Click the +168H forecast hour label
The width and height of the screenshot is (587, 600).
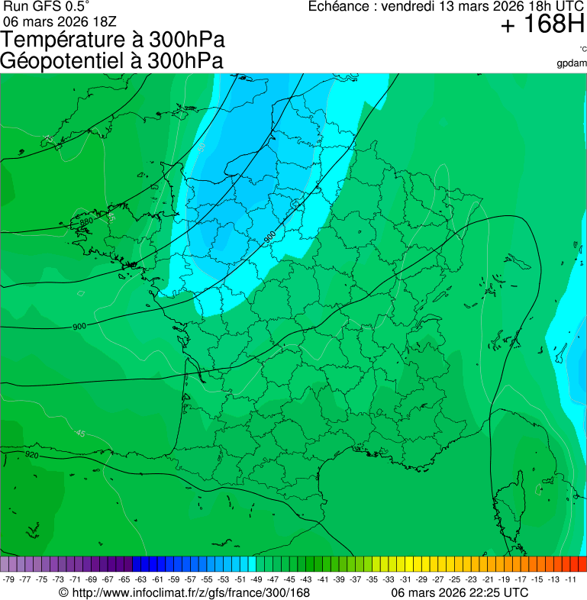542,26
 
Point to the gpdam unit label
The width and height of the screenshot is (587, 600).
572,63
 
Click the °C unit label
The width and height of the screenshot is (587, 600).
582,50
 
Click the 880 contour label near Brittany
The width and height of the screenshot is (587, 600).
86,221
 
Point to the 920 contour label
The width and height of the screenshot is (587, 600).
32,455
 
